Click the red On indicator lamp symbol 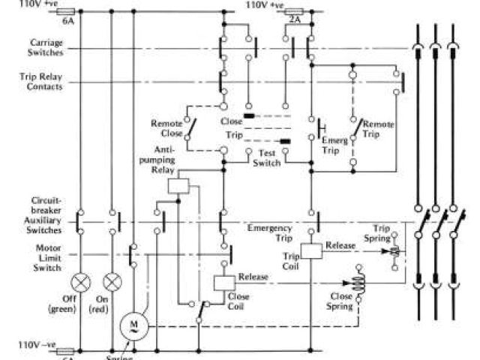point(112,283)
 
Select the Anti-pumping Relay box point(178,186)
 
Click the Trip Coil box point(311,251)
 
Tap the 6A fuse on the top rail point(67,12)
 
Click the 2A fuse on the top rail point(295,12)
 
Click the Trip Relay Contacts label point(41,81)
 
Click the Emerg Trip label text point(334,145)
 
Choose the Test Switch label point(266,157)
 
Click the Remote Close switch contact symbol point(193,129)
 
